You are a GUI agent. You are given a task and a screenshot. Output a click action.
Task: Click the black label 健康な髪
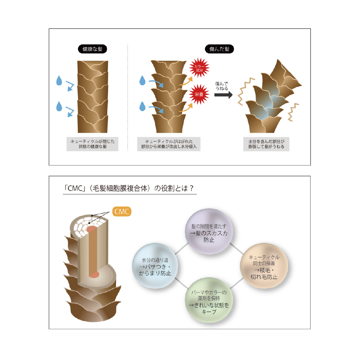[x=92, y=50]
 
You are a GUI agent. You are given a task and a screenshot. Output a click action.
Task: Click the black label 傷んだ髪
[x=220, y=50]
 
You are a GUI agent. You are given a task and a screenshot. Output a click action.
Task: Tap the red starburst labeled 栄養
[x=199, y=94]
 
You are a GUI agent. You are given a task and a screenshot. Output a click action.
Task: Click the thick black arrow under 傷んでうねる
[x=224, y=95]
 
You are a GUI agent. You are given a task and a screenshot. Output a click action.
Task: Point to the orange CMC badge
[x=122, y=211]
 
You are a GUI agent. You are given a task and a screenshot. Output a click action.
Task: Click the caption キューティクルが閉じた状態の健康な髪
[x=92, y=144]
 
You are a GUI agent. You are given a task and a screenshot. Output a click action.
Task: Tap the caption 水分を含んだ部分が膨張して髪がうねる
[x=266, y=144]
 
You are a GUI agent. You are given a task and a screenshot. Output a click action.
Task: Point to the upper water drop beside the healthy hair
[x=60, y=81]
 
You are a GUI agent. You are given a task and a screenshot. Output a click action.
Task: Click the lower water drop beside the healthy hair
[x=60, y=107]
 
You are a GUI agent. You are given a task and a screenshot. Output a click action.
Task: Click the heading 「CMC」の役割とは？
[x=130, y=188]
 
